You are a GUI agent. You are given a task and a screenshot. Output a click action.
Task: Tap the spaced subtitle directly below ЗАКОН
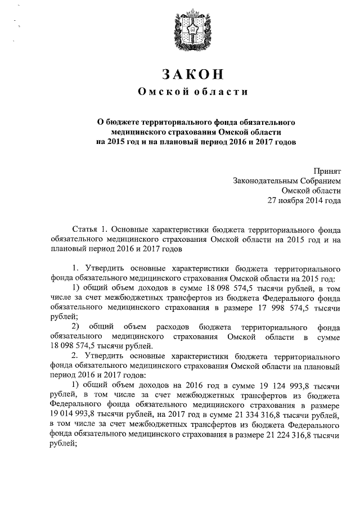tap(193, 92)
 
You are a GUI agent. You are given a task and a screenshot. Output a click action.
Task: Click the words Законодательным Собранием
tap(287, 181)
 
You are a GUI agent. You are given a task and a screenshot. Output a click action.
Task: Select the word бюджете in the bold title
tap(128, 121)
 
